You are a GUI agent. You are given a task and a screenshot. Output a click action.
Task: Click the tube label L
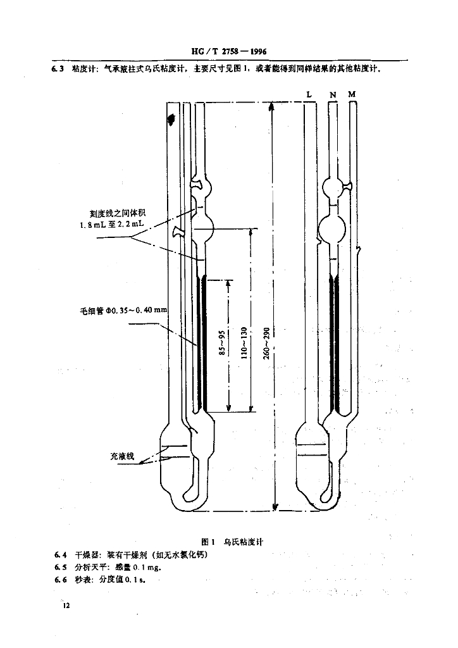tap(309, 95)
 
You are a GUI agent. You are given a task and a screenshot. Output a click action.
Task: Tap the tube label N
tap(333, 95)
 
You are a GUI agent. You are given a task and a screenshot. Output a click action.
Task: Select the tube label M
tap(352, 94)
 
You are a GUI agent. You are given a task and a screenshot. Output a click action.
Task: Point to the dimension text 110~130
tap(244, 342)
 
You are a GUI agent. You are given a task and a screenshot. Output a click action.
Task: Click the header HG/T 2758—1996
tap(229, 52)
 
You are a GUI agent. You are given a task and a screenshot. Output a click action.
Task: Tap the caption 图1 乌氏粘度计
tap(232, 542)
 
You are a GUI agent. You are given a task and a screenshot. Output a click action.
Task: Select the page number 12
tap(66, 606)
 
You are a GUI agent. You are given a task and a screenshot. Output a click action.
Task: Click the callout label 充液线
tap(122, 456)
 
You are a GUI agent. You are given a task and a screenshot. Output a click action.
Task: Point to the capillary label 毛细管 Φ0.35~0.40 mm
tap(123, 310)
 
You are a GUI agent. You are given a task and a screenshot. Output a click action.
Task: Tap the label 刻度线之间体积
tap(118, 213)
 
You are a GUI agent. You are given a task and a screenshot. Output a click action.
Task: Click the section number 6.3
tap(58, 69)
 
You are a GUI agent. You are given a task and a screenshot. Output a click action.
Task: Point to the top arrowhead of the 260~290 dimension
tap(271, 106)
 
